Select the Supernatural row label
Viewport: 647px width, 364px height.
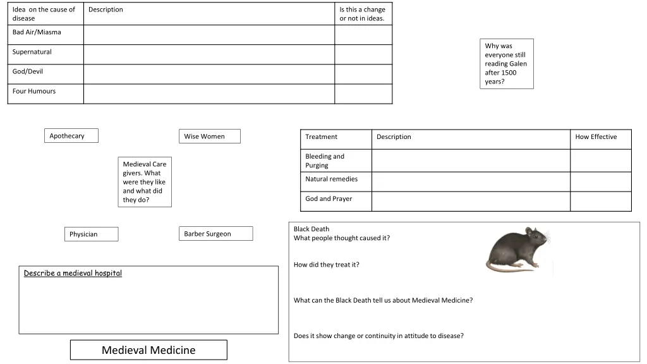[x=32, y=52]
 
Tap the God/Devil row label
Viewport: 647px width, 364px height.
[x=28, y=71]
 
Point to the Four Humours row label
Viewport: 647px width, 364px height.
[x=34, y=91]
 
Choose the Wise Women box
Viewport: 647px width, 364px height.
[x=209, y=136]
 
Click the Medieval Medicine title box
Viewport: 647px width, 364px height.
[x=148, y=350]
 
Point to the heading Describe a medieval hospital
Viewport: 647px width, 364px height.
[x=73, y=273]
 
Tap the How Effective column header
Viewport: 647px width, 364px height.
[x=596, y=137]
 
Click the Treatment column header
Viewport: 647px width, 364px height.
[x=322, y=137]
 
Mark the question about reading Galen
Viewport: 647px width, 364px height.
[x=506, y=64]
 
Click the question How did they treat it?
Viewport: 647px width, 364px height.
[x=327, y=265]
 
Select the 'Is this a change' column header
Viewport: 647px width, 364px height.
[x=363, y=14]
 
